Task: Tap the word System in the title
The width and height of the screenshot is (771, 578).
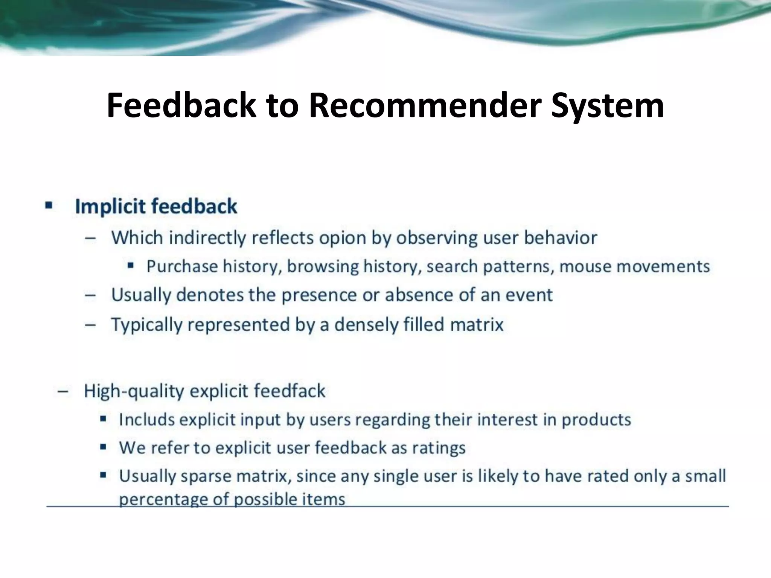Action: click(607, 106)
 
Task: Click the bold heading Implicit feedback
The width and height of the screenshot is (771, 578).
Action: click(156, 207)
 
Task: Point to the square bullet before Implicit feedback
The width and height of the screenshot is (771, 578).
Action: click(49, 205)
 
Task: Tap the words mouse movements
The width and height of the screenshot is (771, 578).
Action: click(634, 266)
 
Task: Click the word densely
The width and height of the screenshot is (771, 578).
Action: click(366, 324)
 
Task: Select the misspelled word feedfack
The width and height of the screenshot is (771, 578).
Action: click(289, 391)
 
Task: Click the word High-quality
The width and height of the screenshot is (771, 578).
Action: click(134, 391)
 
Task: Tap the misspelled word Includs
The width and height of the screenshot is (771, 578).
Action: click(147, 419)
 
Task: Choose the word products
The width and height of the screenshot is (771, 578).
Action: click(596, 419)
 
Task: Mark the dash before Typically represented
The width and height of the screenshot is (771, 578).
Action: click(90, 324)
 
